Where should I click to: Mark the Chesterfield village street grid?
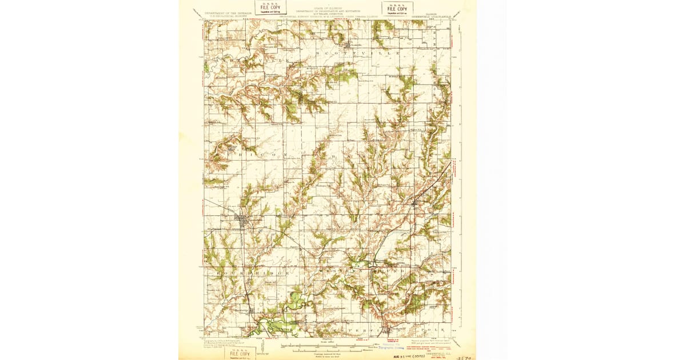click(389, 330)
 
